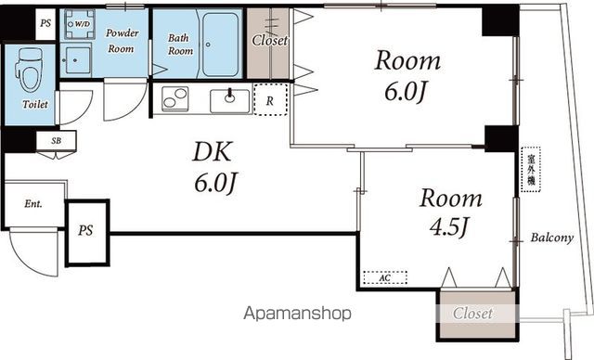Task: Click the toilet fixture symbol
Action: pyautogui.click(x=30, y=70)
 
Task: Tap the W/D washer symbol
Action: pyautogui.click(x=79, y=24)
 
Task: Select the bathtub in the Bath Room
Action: pyautogui.click(x=220, y=45)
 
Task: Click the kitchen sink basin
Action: pyautogui.click(x=229, y=101)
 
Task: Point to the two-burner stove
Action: pyautogui.click(x=175, y=98)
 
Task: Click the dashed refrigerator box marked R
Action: pyautogui.click(x=270, y=100)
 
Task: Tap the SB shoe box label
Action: pyautogui.click(x=56, y=141)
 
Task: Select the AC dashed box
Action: pyautogui.click(x=385, y=277)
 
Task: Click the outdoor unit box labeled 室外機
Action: pyautogui.click(x=530, y=170)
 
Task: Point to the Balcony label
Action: pyautogui.click(x=552, y=238)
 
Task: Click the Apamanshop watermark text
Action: pyautogui.click(x=297, y=314)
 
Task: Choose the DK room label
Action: pyautogui.click(x=212, y=152)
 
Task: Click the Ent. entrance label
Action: pyautogui.click(x=33, y=204)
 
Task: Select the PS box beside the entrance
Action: pyautogui.click(x=87, y=233)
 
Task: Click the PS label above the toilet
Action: pyautogui.click(x=45, y=23)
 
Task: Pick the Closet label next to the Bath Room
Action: pyautogui.click(x=270, y=40)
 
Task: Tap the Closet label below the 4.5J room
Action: pyautogui.click(x=472, y=314)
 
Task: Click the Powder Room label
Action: pyautogui.click(x=122, y=41)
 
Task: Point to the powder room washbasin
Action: pyautogui.click(x=76, y=60)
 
